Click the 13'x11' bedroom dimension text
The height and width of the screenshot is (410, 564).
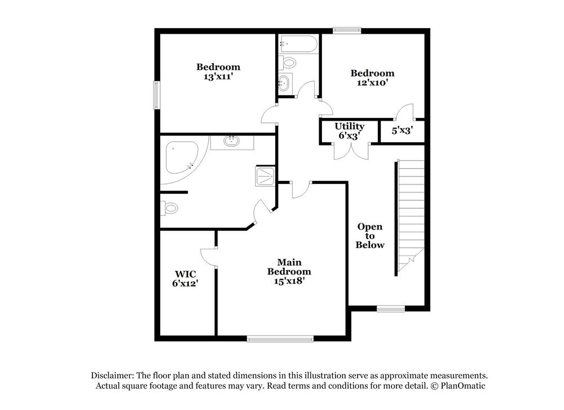(218, 77)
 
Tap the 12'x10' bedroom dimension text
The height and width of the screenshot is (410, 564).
(372, 83)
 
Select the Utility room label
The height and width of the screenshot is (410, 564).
(349, 126)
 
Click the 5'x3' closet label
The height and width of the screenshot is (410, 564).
(402, 130)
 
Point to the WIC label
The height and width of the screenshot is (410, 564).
(185, 275)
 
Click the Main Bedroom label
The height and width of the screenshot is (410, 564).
(289, 267)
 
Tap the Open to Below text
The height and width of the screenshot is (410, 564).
(370, 236)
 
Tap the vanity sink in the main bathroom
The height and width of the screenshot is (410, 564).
(232, 140)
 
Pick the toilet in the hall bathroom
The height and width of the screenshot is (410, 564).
(288, 63)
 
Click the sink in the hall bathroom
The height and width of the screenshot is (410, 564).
(285, 83)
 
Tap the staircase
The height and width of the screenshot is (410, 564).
(410, 214)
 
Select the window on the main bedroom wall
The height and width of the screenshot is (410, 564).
(280, 338)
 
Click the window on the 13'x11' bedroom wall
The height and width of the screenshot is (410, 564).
(157, 94)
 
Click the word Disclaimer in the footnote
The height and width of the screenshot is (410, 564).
(112, 375)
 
